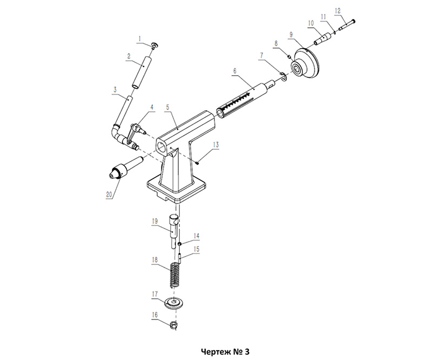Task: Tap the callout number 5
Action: click(168, 108)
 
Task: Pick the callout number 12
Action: click(337, 11)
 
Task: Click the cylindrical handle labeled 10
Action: click(322, 39)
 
